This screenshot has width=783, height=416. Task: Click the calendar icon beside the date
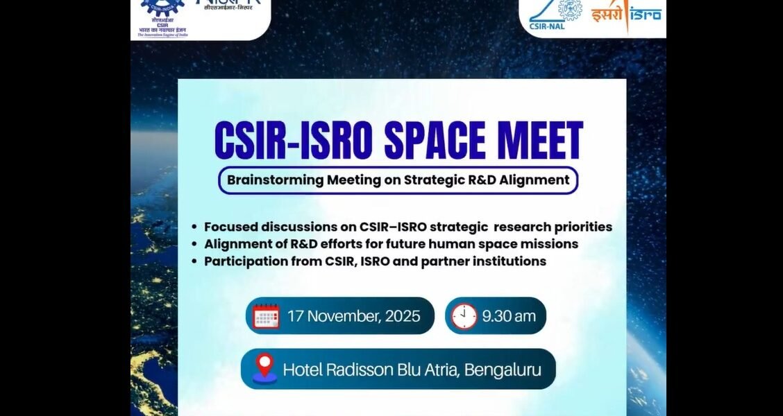(267, 316)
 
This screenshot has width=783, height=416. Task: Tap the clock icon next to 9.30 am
(464, 316)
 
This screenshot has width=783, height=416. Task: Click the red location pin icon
(264, 368)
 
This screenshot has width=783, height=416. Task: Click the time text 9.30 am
(509, 316)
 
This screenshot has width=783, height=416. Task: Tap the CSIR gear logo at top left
(162, 8)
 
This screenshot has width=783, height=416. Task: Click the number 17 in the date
(296, 316)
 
